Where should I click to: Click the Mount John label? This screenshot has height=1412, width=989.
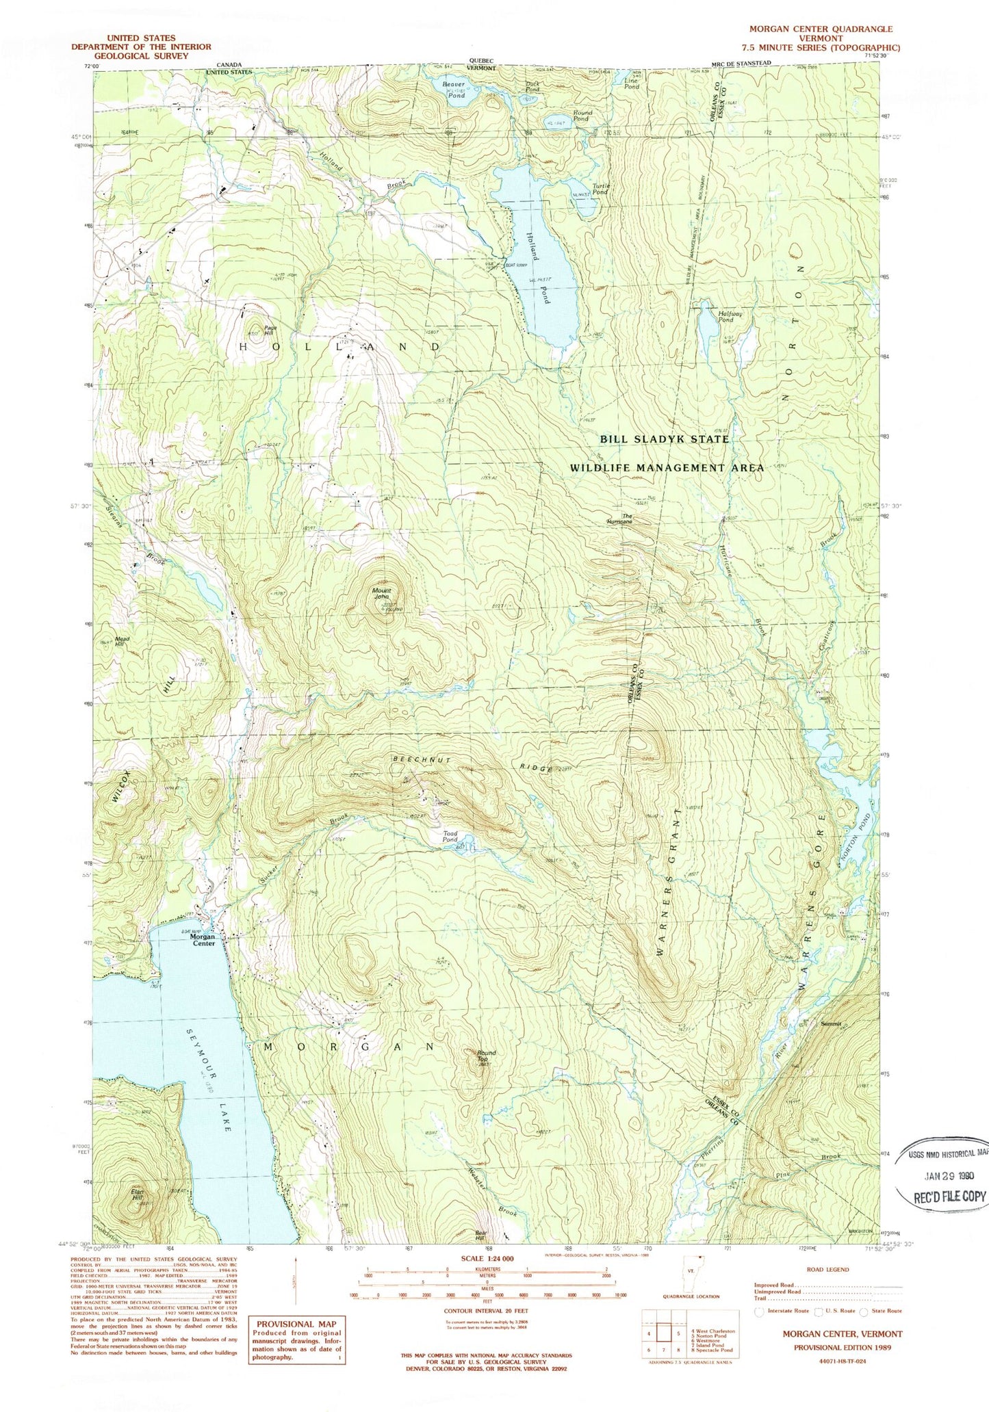click(381, 593)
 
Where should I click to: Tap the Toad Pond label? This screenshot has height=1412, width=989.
click(450, 837)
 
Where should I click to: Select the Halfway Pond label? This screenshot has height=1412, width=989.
click(725, 317)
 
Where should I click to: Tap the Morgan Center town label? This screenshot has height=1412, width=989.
click(203, 939)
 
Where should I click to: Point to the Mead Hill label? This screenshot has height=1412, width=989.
click(123, 642)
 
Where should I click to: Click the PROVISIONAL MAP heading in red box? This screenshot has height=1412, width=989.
click(296, 1324)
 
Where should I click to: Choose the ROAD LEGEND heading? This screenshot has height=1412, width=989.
click(827, 1269)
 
